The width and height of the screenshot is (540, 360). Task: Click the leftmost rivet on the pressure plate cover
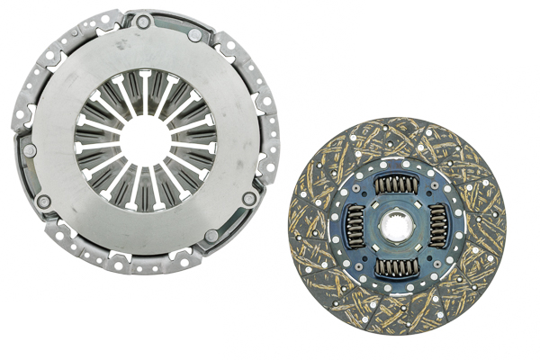click(29, 150)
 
